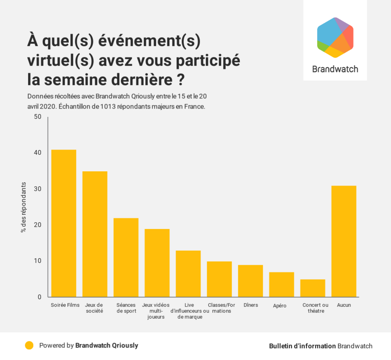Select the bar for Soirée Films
64,223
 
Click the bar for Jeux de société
95,234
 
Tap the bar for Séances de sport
126,257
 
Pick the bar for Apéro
282,284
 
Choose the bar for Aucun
344,241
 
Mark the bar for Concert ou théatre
313,288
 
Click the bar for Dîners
250,281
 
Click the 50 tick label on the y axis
37,117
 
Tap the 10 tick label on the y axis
37,261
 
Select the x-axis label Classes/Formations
221,308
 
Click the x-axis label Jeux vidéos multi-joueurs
156,311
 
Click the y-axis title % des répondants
23,207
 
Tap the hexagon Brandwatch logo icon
335,37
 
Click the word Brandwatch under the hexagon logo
335,69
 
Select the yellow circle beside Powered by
29,345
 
